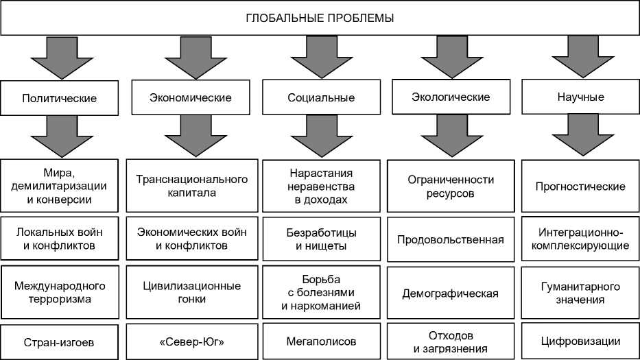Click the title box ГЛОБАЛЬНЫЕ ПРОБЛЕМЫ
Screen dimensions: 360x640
320,19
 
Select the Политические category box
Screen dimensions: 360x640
60,98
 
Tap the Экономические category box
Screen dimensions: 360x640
191,97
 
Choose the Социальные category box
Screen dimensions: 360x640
321,98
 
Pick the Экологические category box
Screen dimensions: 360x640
451,97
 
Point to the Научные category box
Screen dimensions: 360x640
580,97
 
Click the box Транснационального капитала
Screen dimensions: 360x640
191,186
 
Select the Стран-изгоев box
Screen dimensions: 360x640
60,341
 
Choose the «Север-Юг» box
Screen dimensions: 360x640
191,341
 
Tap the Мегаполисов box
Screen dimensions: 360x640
321,341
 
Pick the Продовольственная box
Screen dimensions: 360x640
451,239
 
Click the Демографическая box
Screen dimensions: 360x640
451,293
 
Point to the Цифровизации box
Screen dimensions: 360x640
580,341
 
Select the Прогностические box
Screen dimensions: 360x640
580,186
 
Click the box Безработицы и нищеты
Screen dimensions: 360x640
321,239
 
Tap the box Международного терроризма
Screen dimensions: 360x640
60,292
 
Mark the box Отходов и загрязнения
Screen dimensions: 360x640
451,341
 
